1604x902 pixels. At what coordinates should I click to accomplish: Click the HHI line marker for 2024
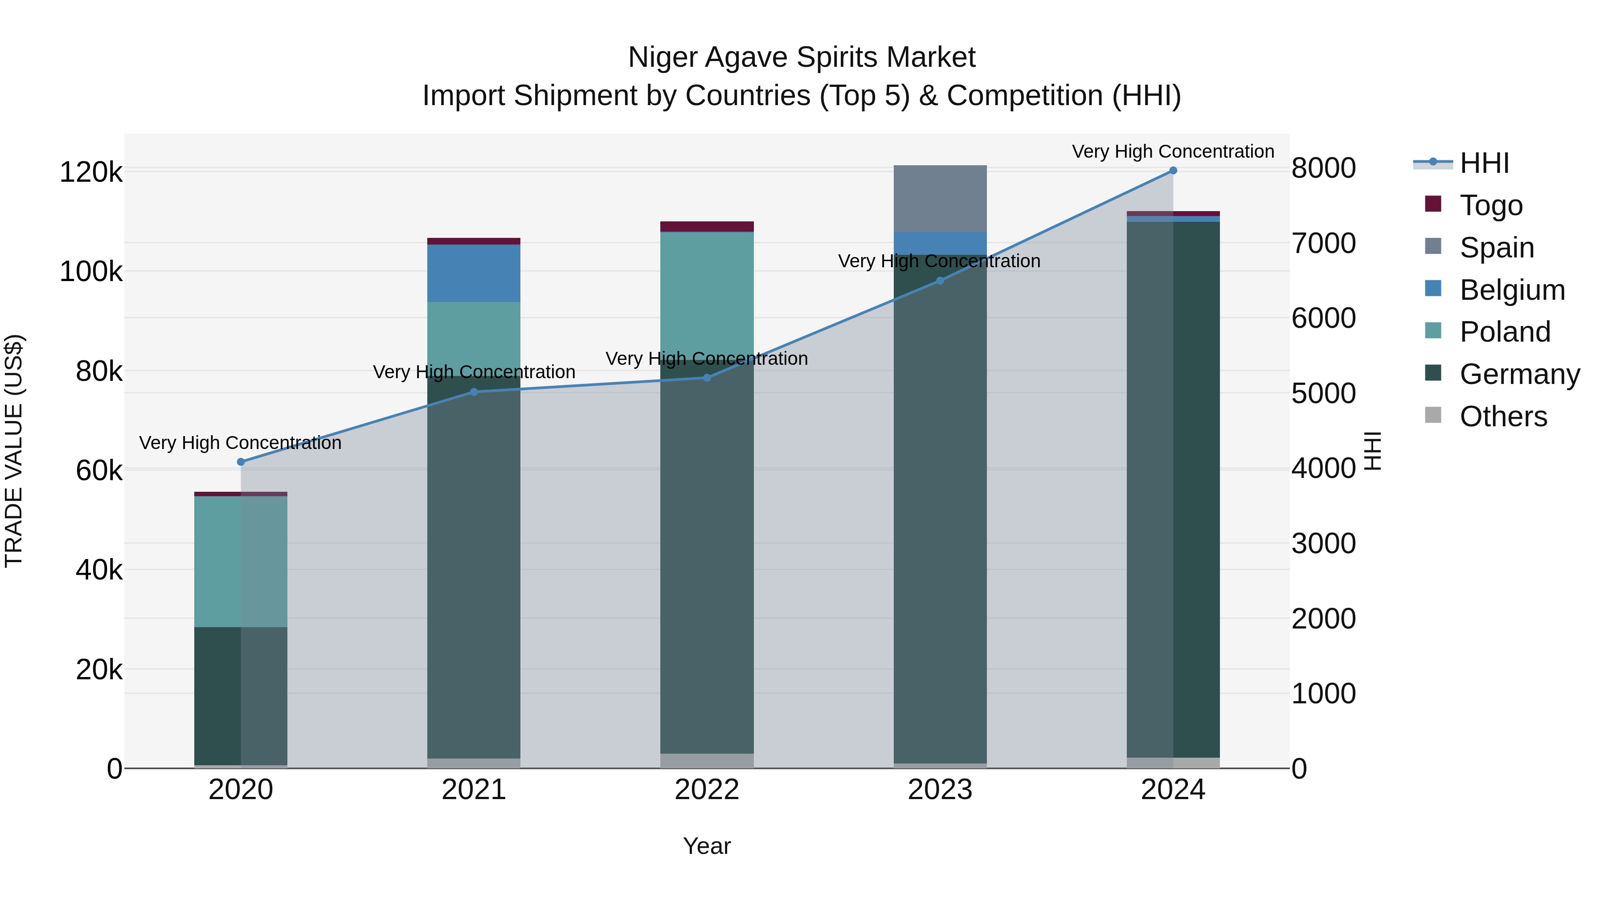pyautogui.click(x=1173, y=171)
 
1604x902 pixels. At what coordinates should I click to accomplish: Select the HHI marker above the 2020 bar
pyautogui.click(x=241, y=462)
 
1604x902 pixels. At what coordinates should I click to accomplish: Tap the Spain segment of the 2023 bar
pyautogui.click(x=940, y=199)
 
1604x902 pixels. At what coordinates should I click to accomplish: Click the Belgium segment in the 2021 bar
pyautogui.click(x=474, y=273)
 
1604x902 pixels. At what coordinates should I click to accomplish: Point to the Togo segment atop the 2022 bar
pyautogui.click(x=707, y=227)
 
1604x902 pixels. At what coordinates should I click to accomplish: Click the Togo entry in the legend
pyautogui.click(x=1491, y=205)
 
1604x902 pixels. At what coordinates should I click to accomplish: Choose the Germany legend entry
pyautogui.click(x=1519, y=374)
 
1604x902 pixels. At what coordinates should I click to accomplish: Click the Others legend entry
pyautogui.click(x=1502, y=416)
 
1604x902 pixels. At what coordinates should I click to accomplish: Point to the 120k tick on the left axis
pyautogui.click(x=91, y=172)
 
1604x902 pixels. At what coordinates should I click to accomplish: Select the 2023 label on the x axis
pyautogui.click(x=940, y=790)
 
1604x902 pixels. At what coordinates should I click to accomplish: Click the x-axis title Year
pyautogui.click(x=707, y=846)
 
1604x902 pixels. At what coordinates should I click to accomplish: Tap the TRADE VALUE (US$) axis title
pyautogui.click(x=14, y=451)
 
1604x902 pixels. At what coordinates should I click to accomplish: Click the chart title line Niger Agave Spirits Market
pyautogui.click(x=802, y=57)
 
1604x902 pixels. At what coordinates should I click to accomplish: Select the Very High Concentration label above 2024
pyautogui.click(x=1173, y=151)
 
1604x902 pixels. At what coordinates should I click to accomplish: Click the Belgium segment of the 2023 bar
pyautogui.click(x=940, y=243)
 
